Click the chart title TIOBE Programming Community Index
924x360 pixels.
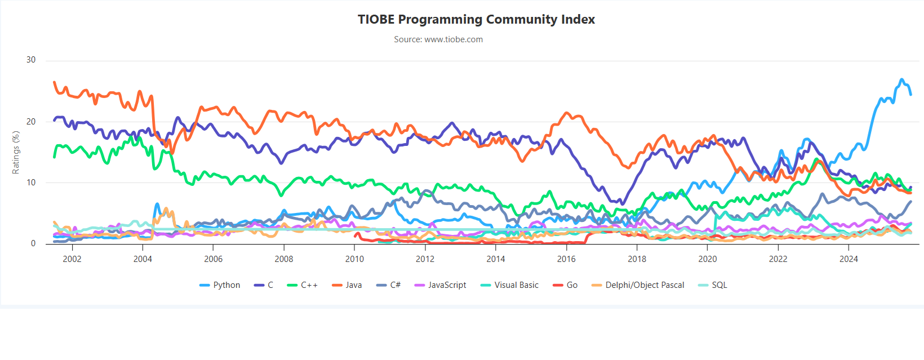476,20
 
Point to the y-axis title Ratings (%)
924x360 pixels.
16,152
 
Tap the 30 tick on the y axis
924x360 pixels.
31,60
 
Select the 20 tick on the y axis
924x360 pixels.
31,122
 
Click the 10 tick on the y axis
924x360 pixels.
31,183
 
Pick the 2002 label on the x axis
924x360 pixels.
72,259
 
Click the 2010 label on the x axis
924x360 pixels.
354,259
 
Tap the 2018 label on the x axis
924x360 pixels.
637,259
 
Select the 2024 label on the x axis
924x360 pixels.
849,259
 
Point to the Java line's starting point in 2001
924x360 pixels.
54,82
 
